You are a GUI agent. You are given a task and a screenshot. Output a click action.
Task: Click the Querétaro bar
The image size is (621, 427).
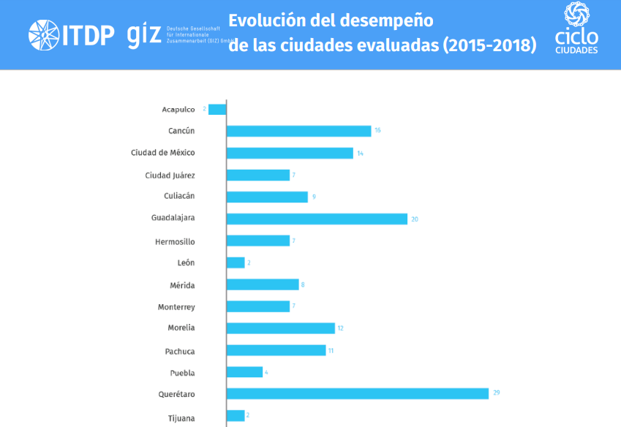coord(357,393)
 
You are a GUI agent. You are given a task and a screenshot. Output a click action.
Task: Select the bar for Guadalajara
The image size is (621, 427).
coord(317,219)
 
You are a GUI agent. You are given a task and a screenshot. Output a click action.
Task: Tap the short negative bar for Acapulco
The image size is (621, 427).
coord(217,110)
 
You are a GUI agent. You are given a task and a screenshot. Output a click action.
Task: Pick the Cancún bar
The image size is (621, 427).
coord(298,131)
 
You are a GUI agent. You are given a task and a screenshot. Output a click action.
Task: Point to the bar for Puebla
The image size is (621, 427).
coord(244,372)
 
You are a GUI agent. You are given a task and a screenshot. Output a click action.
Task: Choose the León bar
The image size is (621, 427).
coord(236,262)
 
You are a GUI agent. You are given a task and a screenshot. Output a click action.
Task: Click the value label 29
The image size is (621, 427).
coord(496,393)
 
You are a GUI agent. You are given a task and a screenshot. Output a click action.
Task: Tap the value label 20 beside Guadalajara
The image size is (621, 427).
coord(415,219)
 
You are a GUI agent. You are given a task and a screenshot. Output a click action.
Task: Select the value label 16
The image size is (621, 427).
coord(377,131)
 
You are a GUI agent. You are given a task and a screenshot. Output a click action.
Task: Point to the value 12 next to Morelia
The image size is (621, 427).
coord(340,328)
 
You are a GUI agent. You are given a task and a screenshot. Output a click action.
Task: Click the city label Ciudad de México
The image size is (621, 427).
coord(163,153)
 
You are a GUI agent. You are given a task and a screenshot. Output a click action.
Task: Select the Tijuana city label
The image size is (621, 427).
coord(181,419)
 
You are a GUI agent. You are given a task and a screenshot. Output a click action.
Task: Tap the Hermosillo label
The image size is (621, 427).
coord(175,241)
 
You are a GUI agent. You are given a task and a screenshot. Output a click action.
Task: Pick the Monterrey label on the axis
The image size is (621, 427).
coord(176,307)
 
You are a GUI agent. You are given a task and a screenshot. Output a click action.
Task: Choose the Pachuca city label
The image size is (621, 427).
coord(180,351)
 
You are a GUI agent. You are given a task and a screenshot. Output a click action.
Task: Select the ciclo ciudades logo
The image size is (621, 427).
coord(576,29)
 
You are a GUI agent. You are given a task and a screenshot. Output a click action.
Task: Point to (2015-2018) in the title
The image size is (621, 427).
coord(489,46)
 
